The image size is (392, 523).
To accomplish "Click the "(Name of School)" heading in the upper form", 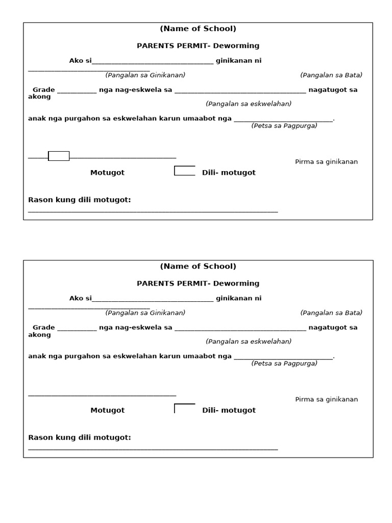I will coord(198,29).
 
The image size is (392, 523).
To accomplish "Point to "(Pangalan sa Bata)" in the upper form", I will coord(331,75).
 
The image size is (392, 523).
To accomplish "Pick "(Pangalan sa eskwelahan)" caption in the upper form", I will coord(249,104).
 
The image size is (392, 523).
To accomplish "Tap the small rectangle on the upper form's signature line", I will coord(59,156).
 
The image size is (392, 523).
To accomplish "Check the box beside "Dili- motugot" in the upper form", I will coord(184,171).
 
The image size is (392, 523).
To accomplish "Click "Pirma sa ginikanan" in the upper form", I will coord(326,162).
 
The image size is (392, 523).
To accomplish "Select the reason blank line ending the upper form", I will coord(153,210).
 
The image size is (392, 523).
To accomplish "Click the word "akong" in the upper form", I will coord(39,97).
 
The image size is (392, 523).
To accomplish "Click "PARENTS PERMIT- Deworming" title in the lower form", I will coord(198,283).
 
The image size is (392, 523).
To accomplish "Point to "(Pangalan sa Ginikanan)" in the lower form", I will coord(145,313).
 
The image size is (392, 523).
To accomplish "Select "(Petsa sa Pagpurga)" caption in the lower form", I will coord(284,364).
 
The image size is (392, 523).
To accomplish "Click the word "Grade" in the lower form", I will coord(43,327).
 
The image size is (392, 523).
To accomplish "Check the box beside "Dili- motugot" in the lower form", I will coord(184,409).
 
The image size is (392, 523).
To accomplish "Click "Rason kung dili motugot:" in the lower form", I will coord(80,438).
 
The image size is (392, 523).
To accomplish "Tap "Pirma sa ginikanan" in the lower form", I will coord(326,399).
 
